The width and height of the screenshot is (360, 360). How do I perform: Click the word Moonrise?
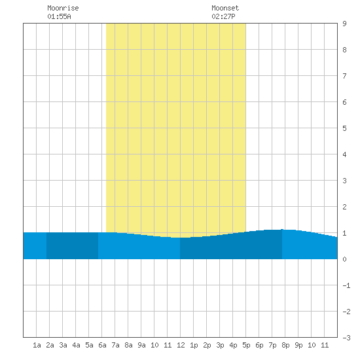pyautogui.click(x=63, y=8)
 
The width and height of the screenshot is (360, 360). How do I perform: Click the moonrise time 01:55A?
pyautogui.click(x=59, y=16)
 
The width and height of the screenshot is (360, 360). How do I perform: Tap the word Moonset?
pyautogui.click(x=225, y=8)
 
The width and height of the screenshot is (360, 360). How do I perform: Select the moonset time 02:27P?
pyautogui.click(x=223, y=16)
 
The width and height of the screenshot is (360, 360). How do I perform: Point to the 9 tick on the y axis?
pyautogui.click(x=344, y=24)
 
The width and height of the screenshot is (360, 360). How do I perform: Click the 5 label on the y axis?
pyautogui.click(x=344, y=128)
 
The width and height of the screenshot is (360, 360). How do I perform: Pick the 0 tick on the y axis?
pyautogui.click(x=344, y=259)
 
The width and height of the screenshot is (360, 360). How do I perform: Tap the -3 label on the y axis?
pyautogui.click(x=346, y=338)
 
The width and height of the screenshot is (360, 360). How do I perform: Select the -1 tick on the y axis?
pyautogui.click(x=346, y=285)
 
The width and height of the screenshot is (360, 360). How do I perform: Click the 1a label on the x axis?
pyautogui.click(x=37, y=345)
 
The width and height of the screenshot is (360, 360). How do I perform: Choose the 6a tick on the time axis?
pyautogui.click(x=102, y=345)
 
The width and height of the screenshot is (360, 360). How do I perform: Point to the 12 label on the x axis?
pyautogui.click(x=181, y=345)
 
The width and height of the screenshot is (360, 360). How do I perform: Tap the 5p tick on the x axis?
pyautogui.click(x=246, y=345)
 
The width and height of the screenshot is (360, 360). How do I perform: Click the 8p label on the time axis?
pyautogui.click(x=285, y=345)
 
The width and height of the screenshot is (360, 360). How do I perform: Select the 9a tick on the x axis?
pyautogui.click(x=141, y=345)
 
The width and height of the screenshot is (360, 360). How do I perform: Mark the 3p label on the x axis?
pyautogui.click(x=220, y=345)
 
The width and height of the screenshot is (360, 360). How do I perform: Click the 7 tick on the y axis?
pyautogui.click(x=344, y=76)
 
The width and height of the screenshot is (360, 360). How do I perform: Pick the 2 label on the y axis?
pyautogui.click(x=344, y=207)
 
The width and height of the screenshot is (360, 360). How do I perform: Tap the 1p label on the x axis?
pyautogui.click(x=194, y=345)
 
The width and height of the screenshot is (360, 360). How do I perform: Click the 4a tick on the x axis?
pyautogui.click(x=76, y=345)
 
